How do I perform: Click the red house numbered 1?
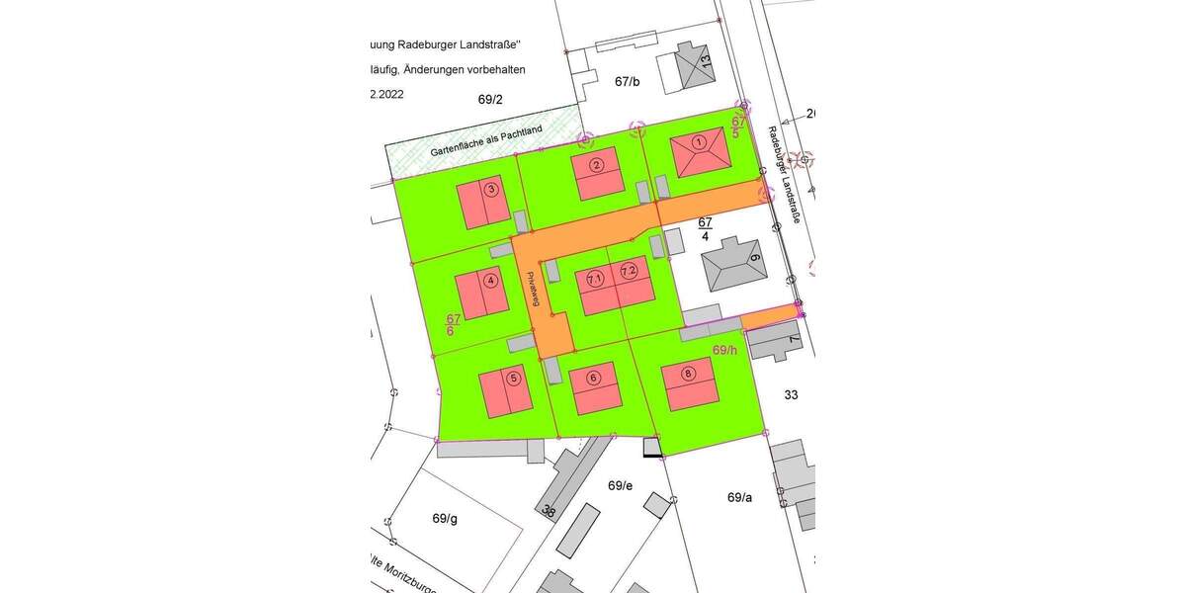point(699,156)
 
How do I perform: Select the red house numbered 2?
point(596,172)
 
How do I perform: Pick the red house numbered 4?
point(483,294)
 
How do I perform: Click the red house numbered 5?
point(507,390)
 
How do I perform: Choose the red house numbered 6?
point(595,387)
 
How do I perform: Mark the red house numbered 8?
point(689,383)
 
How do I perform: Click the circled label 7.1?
point(595,280)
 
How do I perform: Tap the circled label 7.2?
point(630,271)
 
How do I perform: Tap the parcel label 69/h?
point(724,350)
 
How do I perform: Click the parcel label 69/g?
point(445,518)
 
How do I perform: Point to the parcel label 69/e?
point(620,485)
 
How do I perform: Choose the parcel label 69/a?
point(739,497)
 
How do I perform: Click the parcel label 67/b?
point(628,82)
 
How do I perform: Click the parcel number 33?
point(791,394)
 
